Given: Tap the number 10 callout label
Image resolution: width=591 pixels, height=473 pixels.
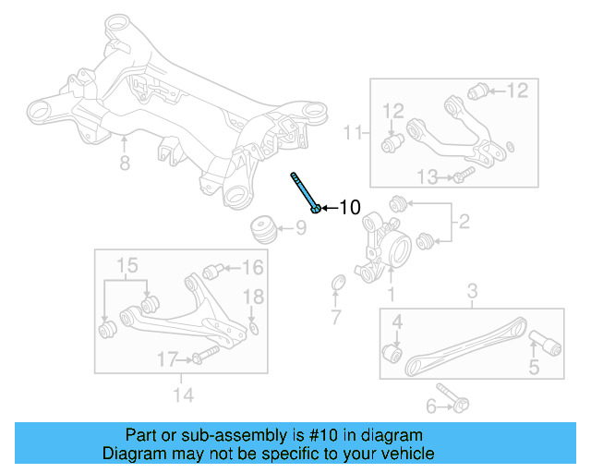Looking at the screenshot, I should click(x=348, y=208).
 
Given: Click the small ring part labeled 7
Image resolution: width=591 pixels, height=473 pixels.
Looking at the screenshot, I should click(x=337, y=282).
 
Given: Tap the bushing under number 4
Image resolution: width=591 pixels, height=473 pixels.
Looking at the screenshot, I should click(x=392, y=353).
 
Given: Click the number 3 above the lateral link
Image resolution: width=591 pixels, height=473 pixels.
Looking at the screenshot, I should click(x=472, y=294).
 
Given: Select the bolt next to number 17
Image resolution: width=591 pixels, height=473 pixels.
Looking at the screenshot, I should click(x=204, y=356).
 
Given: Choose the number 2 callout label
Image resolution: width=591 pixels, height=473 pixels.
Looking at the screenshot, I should click(x=463, y=221).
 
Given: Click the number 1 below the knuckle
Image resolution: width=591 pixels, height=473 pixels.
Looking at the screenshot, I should click(x=390, y=295).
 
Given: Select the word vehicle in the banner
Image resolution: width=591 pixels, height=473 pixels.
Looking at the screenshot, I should click(x=404, y=454).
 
